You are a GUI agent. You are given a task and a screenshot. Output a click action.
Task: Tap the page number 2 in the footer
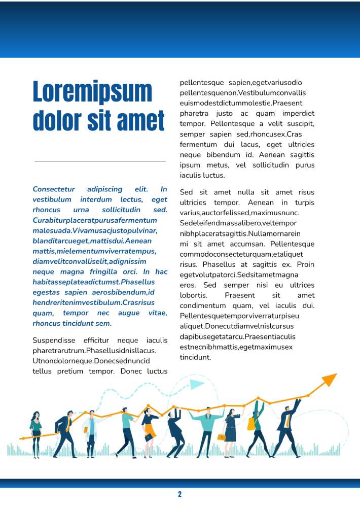coord(179,494)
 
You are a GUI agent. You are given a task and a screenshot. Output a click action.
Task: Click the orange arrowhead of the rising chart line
coord(330,379)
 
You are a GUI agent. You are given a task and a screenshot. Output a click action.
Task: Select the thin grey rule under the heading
coord(100,161)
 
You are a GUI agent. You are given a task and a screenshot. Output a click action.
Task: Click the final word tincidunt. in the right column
coord(195,357)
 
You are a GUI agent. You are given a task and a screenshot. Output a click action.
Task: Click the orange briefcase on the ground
coord(222,437)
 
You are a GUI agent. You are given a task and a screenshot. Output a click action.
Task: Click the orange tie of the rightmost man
coord(287,421)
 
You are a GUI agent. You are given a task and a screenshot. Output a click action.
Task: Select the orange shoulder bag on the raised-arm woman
coord(251,424)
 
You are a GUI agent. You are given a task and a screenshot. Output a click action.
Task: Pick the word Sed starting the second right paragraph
coord(186,192)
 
